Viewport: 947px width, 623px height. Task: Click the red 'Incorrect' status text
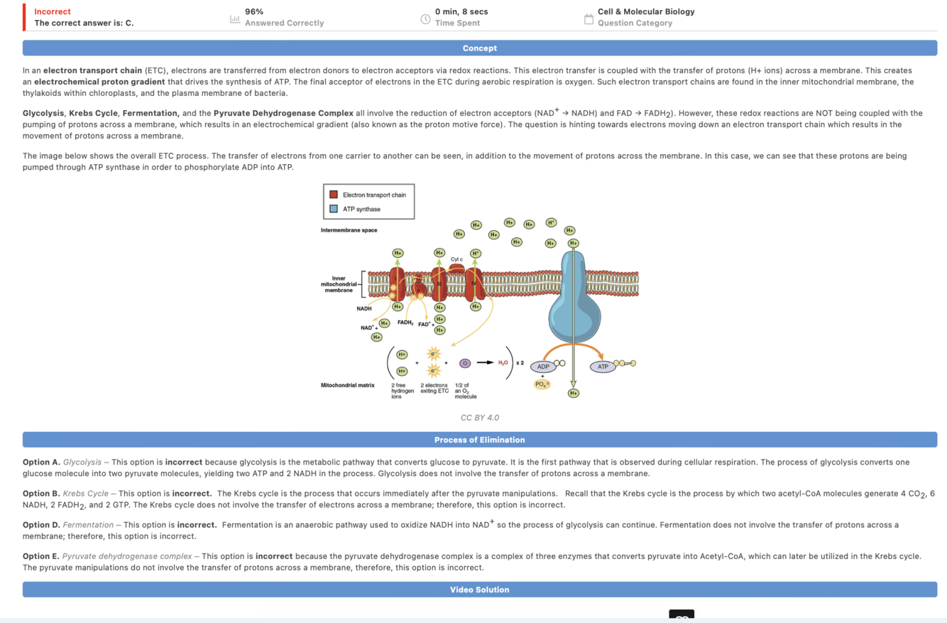tap(53, 11)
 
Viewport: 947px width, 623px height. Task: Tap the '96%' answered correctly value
tap(254, 11)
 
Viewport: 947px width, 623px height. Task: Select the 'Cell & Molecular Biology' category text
tap(646, 11)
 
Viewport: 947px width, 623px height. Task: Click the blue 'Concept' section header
tap(480, 48)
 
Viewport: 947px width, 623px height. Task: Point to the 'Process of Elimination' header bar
tap(480, 440)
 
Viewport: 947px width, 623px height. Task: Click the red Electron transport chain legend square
tap(334, 195)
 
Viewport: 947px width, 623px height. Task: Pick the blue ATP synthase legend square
tap(334, 209)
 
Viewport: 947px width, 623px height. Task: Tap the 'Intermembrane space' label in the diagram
tap(349, 230)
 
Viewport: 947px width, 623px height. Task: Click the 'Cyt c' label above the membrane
tap(456, 259)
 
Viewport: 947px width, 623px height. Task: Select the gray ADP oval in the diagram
tap(543, 367)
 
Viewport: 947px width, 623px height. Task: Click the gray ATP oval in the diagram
tap(603, 367)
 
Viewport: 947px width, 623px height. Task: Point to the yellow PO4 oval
tap(542, 384)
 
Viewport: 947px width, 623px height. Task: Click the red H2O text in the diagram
tap(503, 363)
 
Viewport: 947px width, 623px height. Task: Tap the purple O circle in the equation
tap(465, 363)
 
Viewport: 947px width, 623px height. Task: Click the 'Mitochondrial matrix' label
tap(348, 385)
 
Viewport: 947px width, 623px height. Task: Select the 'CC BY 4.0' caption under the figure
tap(480, 418)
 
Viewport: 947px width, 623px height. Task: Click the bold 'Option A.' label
tap(41, 462)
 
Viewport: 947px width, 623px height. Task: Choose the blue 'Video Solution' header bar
tap(480, 590)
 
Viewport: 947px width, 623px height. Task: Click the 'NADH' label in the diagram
tap(364, 309)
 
